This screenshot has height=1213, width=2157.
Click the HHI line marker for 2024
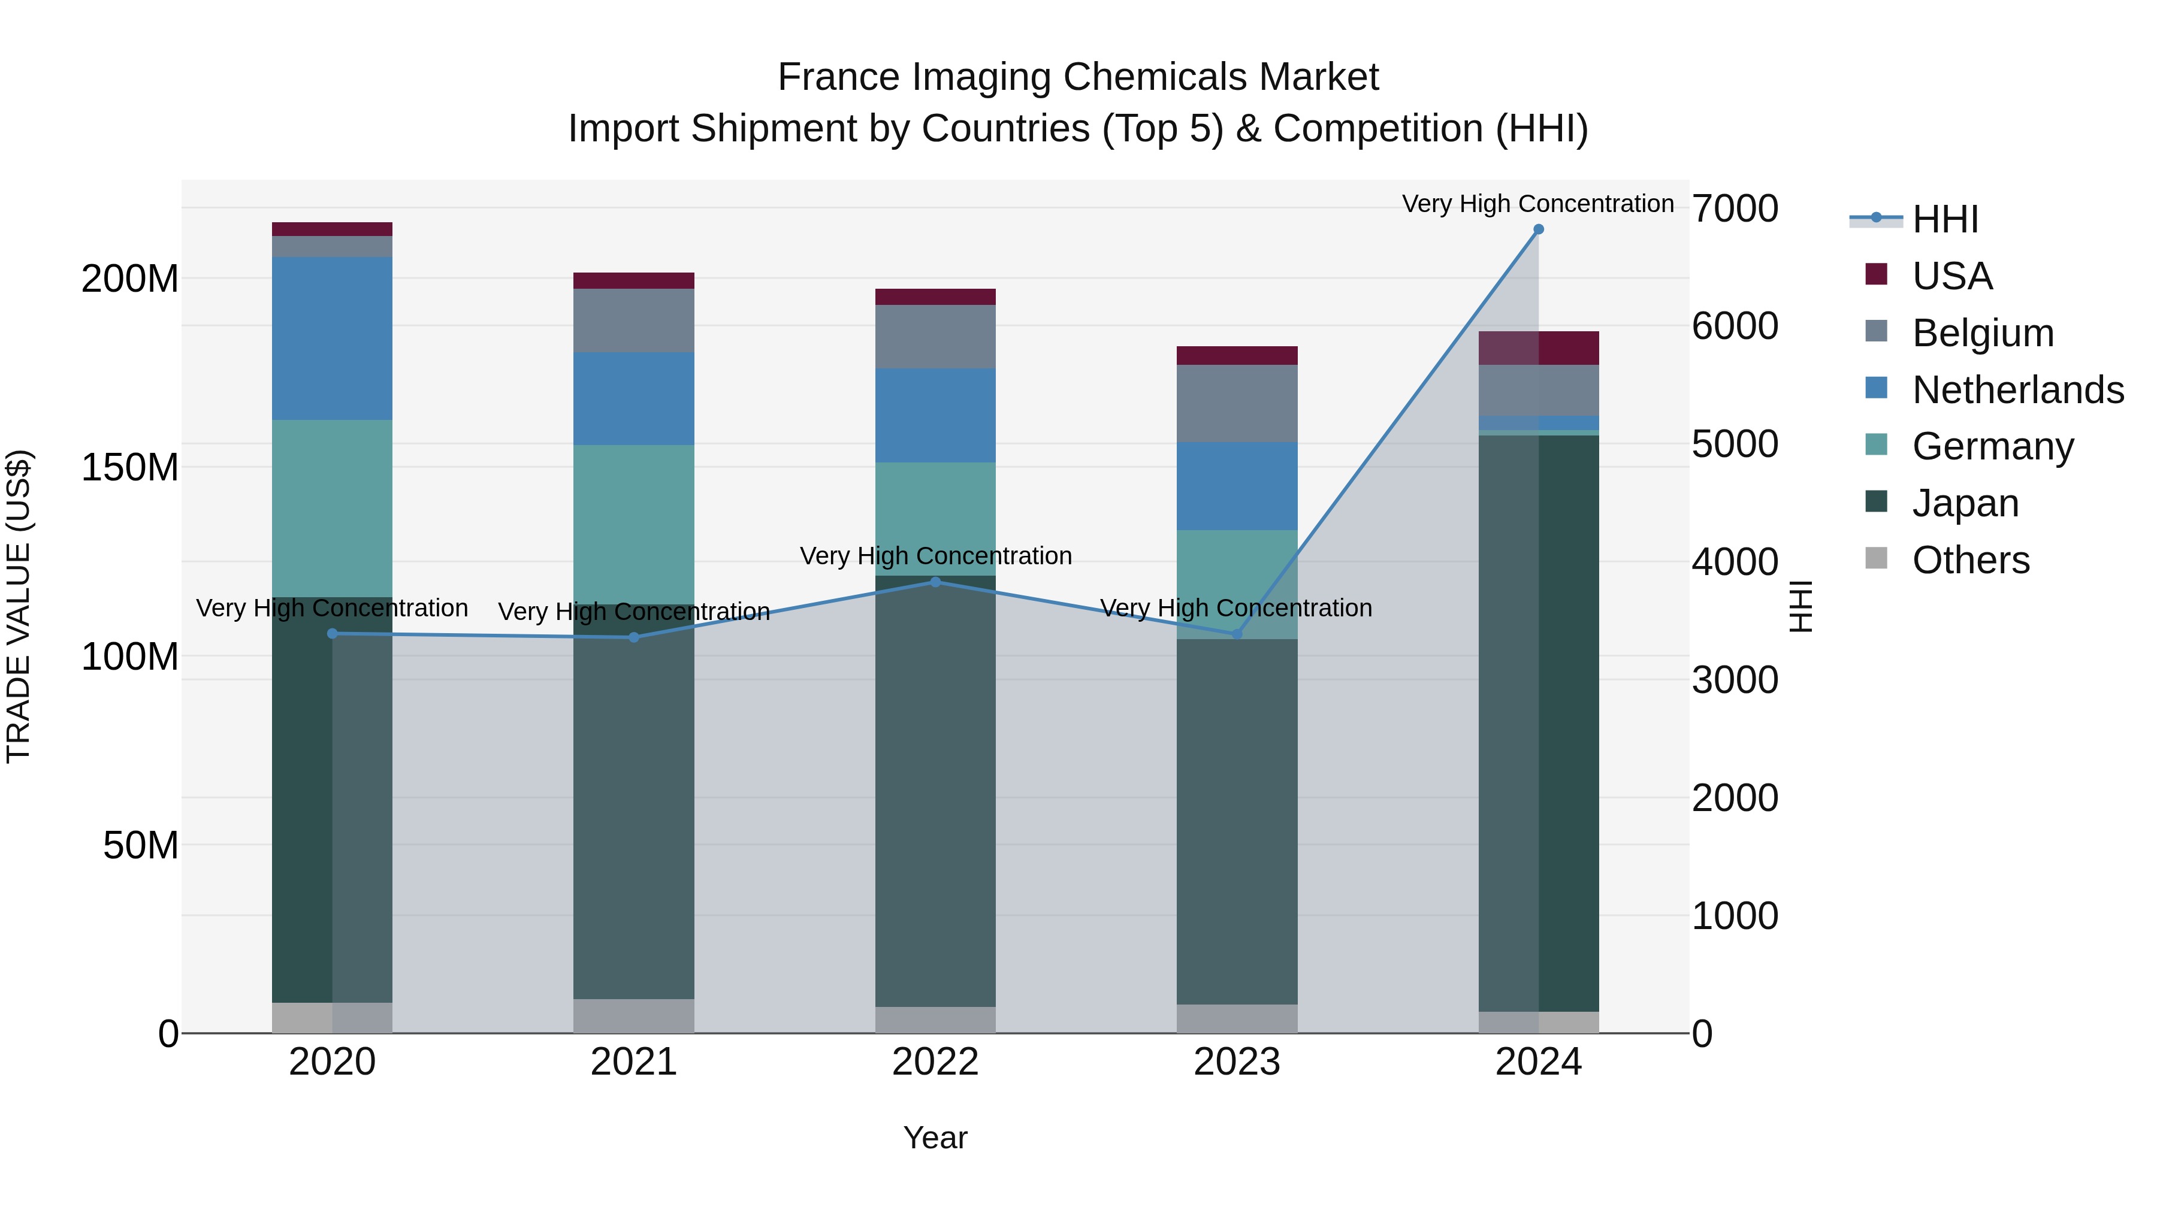point(1538,229)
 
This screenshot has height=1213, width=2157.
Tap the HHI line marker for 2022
point(935,582)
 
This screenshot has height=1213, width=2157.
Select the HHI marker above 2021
point(634,637)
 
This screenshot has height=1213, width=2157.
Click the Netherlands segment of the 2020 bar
point(333,338)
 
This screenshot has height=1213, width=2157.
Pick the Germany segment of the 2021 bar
point(634,524)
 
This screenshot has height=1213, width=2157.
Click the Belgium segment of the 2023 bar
point(1237,404)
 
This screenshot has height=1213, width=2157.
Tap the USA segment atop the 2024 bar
point(1538,348)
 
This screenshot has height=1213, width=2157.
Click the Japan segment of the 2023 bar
point(1237,821)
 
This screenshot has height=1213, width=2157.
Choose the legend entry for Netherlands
point(2018,390)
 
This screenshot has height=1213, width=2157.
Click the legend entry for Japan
point(1965,503)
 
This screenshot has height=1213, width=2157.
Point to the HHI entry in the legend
point(1945,219)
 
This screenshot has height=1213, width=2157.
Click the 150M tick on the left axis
point(130,467)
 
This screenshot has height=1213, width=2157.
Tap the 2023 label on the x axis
point(1237,1062)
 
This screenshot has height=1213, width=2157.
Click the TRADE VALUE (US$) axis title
point(19,606)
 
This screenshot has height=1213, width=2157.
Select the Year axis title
point(935,1138)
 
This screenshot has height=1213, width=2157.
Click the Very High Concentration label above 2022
point(935,556)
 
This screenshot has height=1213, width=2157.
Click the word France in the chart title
point(839,77)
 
